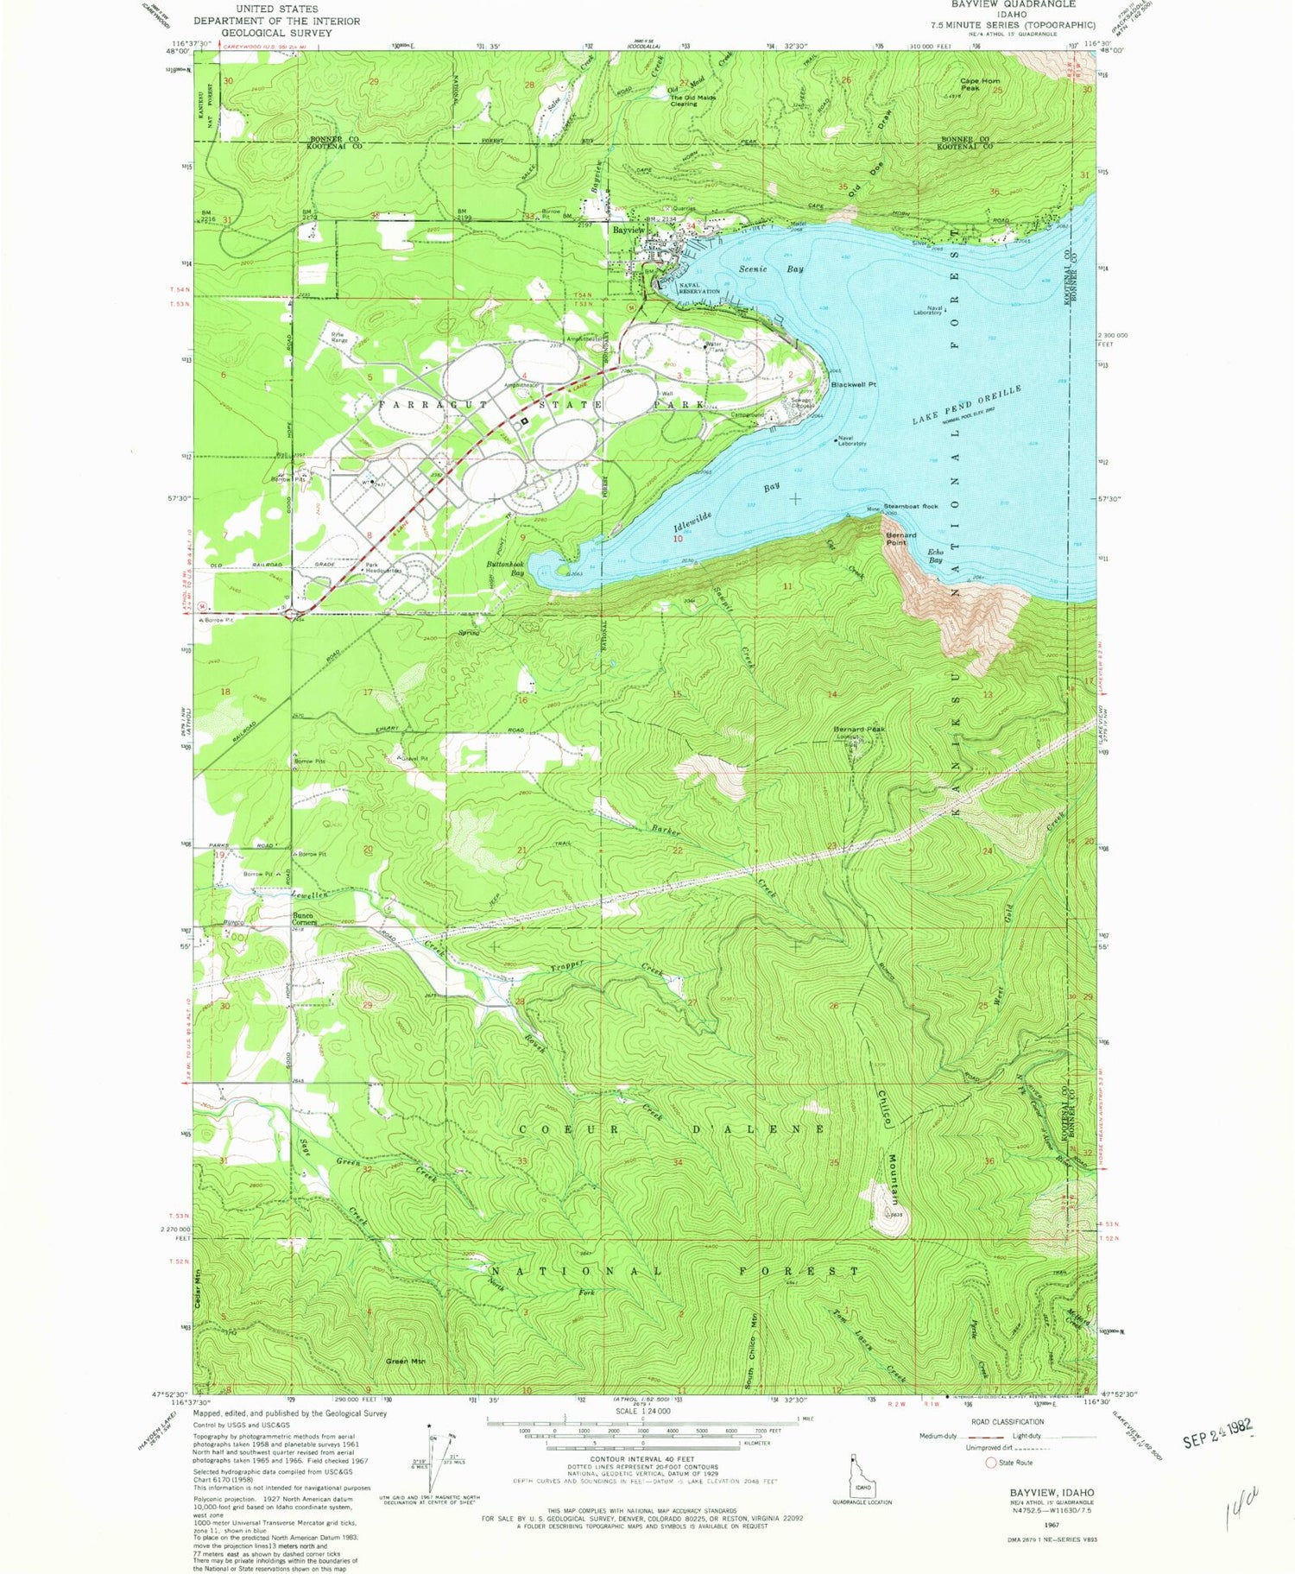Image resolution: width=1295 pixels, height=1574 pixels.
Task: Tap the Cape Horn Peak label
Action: (x=979, y=85)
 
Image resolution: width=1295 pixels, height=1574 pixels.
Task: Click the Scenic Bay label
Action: (x=771, y=269)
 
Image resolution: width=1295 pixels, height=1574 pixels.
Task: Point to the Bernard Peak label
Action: (x=859, y=730)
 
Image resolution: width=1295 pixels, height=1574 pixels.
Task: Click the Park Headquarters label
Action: (x=384, y=568)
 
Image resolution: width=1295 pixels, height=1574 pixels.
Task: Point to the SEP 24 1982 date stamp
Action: (x=1216, y=1445)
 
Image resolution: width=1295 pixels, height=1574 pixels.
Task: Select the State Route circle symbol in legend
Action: (x=990, y=1463)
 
